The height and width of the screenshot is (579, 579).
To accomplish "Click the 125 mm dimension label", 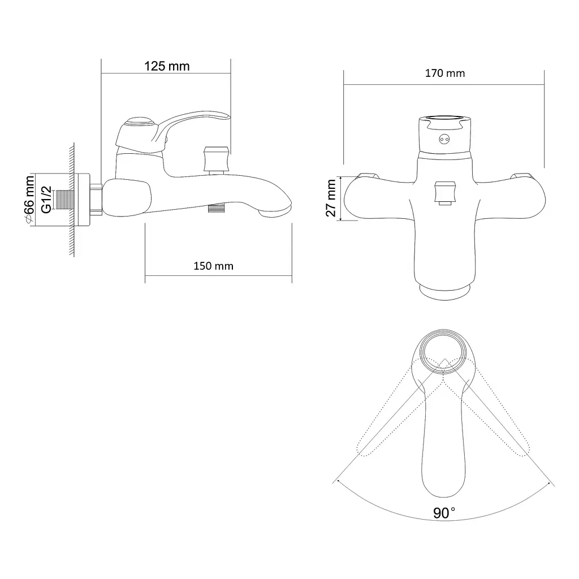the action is coord(167,66).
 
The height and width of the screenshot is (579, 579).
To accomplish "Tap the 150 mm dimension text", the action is coord(213,266).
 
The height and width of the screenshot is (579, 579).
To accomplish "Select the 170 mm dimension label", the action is coord(445,73).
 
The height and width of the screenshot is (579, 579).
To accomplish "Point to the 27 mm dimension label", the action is coord(331,198).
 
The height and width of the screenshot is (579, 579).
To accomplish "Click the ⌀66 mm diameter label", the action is coord(29,200).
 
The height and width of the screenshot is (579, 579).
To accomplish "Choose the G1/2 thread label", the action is coord(46,200).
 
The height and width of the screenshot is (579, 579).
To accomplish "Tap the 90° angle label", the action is coord(444,513).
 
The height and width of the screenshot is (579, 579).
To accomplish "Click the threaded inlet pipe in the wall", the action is coord(64,200).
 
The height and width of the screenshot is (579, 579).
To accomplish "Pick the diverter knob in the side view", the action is coord(216,160).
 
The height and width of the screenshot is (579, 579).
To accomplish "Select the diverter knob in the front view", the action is coord(445,193).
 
